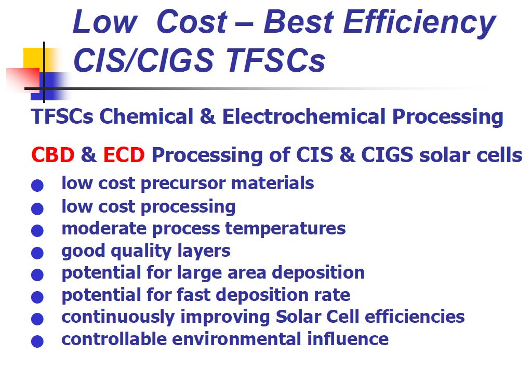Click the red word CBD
52,155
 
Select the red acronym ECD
124,155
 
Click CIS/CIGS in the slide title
143,60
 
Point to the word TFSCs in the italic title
275,60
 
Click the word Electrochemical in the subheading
303,116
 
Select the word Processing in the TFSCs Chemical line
447,117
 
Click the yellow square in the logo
33,58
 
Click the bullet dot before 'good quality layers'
37,253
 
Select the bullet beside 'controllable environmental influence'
37,341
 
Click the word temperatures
285,228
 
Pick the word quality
141,252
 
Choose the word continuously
118,318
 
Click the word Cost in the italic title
192,22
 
